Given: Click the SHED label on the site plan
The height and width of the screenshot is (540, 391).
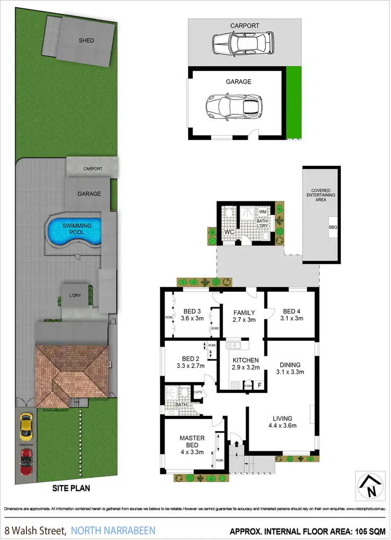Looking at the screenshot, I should click(x=87, y=40).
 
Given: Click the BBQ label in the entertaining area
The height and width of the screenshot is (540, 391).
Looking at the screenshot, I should click(x=333, y=227).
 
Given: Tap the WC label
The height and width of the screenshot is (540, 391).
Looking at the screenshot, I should click(x=228, y=231).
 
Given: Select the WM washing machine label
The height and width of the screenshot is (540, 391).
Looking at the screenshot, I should click(x=263, y=212).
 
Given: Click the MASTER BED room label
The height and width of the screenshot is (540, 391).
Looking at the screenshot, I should click(x=192, y=441).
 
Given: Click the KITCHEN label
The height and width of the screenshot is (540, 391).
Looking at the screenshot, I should click(x=245, y=360).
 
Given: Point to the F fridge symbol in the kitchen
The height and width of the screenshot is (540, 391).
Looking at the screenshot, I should click(x=259, y=385).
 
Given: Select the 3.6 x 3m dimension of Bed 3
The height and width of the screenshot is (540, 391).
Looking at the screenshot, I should click(x=192, y=318).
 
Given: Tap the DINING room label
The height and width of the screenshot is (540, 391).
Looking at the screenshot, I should click(x=290, y=364).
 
